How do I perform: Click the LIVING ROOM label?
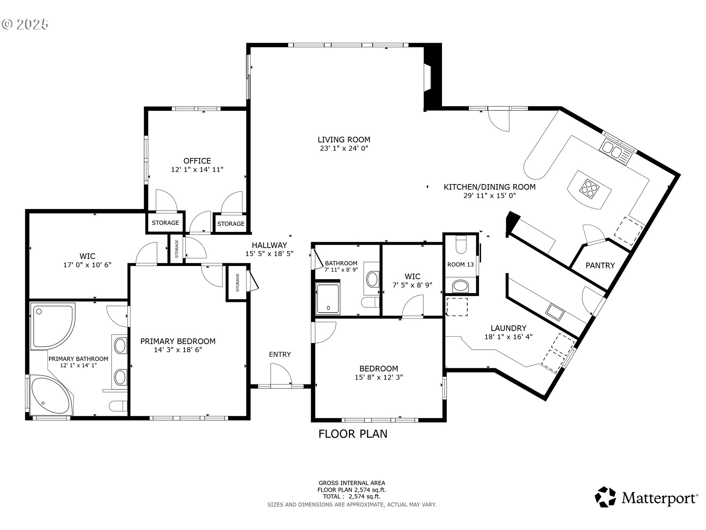(x=344, y=139)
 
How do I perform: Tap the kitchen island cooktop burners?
(x=589, y=189)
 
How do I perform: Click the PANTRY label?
(x=600, y=265)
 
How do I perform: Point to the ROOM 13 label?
(x=460, y=264)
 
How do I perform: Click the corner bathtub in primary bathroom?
(x=50, y=396)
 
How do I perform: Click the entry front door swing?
(x=280, y=374)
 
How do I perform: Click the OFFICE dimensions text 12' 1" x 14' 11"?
(x=197, y=170)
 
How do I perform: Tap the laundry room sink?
(x=555, y=311)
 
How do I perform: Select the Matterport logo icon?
(x=605, y=497)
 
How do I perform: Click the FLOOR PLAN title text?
(x=353, y=434)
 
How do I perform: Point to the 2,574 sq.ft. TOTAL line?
(x=352, y=497)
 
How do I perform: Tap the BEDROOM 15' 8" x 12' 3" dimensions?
(x=378, y=377)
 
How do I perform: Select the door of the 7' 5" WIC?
(x=413, y=308)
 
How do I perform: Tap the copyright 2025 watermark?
(x=25, y=24)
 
